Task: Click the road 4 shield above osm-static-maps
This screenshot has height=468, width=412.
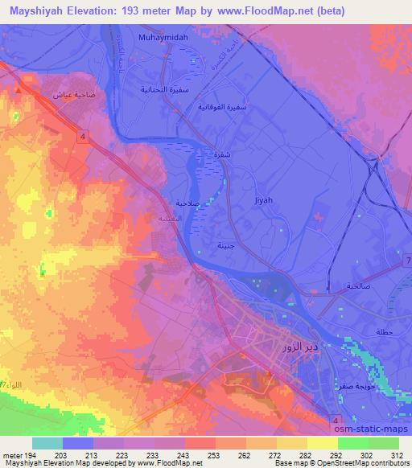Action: pos(336,419)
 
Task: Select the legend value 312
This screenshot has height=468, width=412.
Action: pos(396,455)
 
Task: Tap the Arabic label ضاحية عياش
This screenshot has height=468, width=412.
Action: pos(69,94)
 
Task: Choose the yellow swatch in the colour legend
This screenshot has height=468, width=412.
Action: pos(322,443)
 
